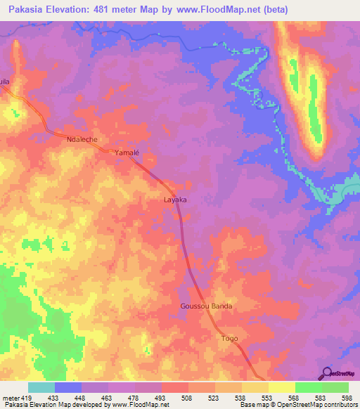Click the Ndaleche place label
82,140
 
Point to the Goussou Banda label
205,307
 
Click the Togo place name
230,339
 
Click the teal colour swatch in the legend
41,388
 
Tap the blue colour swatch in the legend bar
68,388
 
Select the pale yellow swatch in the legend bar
281,388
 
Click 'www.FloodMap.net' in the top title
215,10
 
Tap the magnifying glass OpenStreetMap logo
326,373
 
